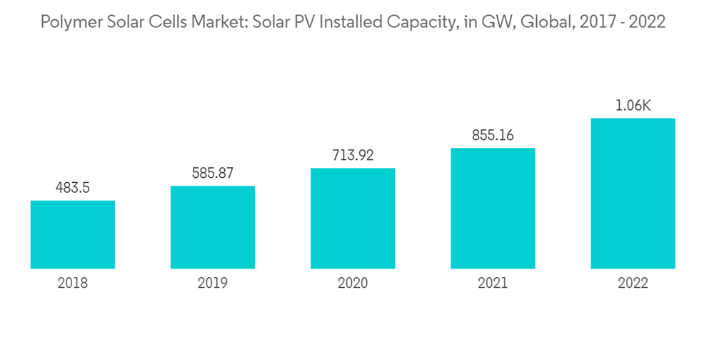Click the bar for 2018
73,234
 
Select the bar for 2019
213,227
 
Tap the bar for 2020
353,218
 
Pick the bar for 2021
493,208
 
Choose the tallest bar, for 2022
633,193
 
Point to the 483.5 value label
73,188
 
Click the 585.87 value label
213,173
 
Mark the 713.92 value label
353,155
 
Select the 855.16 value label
493,135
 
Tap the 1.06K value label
633,106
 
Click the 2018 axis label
73,284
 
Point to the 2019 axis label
213,284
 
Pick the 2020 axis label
353,284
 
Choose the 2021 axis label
493,284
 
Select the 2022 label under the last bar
633,284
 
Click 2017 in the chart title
595,22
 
